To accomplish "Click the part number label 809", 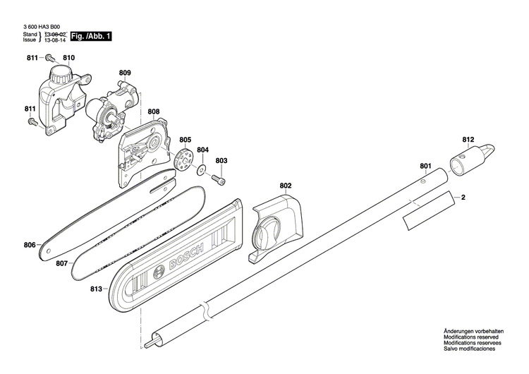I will click(x=125, y=73).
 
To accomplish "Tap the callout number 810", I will click(x=69, y=58).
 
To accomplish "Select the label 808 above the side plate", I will click(x=154, y=111).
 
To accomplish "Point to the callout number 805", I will click(x=186, y=140).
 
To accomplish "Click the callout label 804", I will click(x=203, y=150).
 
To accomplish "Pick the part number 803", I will click(x=221, y=161).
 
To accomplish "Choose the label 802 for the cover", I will click(x=285, y=186).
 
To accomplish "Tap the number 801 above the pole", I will click(x=425, y=167).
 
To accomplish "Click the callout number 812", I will click(x=468, y=139).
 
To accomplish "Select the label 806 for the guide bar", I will click(x=30, y=246).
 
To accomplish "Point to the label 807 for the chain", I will click(x=62, y=264).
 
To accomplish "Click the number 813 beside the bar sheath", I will click(x=97, y=289).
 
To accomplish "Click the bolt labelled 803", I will click(x=221, y=181).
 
